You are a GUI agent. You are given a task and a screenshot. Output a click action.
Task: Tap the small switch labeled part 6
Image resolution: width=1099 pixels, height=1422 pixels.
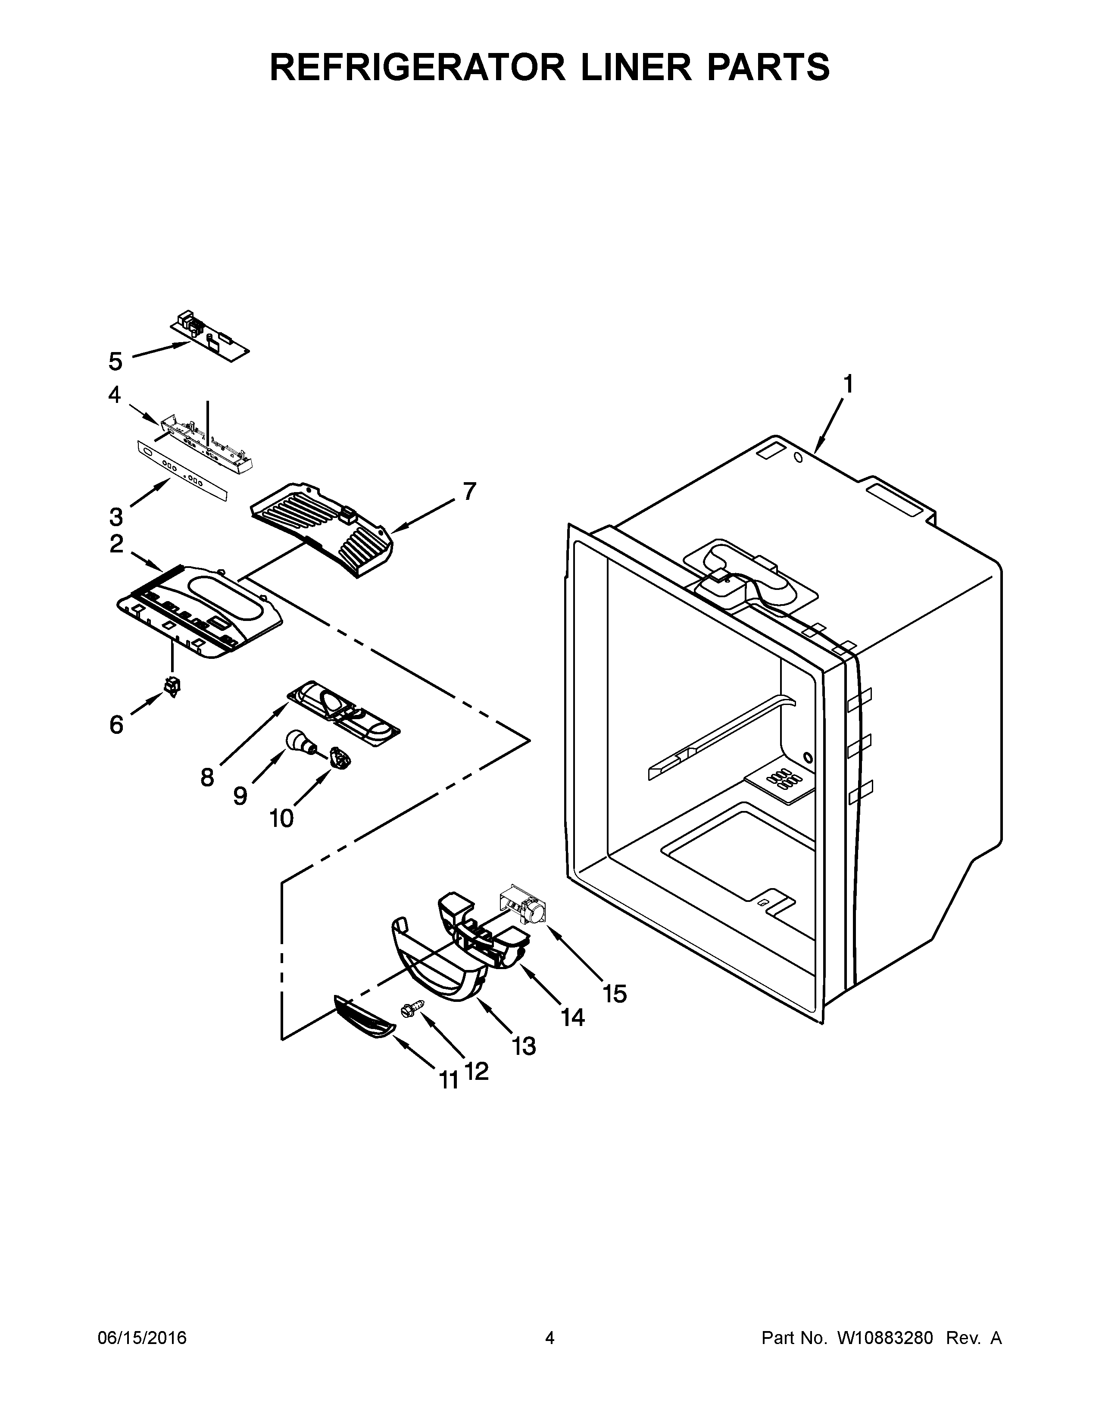[172, 686]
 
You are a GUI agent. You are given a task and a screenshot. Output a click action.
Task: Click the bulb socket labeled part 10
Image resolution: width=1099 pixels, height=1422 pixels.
[339, 757]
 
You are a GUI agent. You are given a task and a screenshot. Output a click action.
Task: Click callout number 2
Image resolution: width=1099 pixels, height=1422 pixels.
[116, 544]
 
